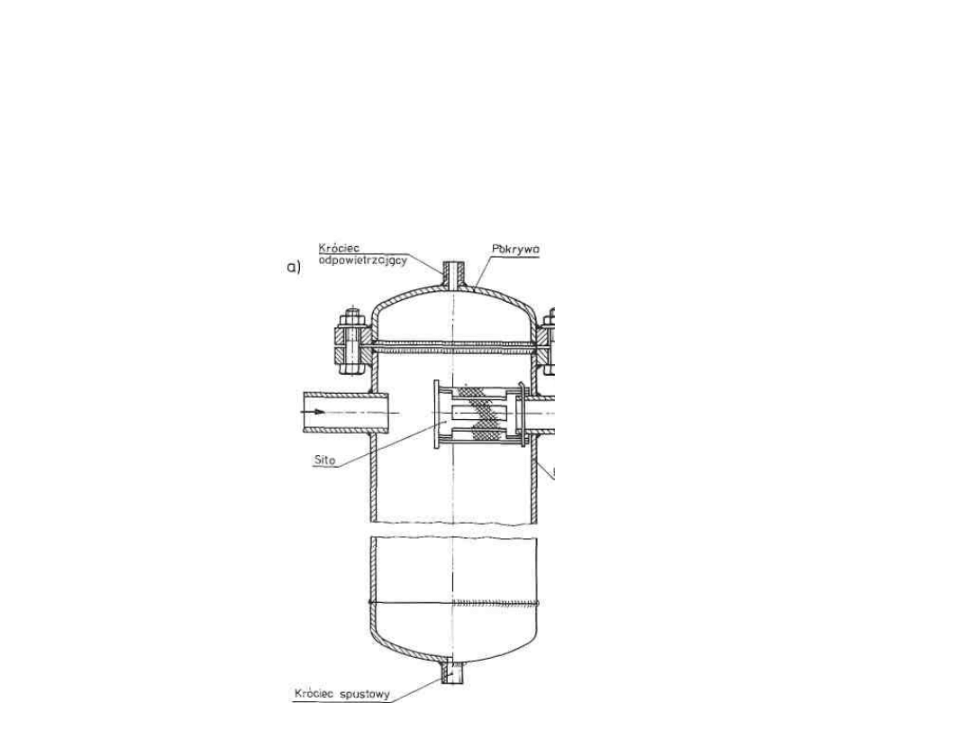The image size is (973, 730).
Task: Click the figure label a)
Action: (x=294, y=268)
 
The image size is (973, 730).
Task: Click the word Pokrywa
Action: (x=515, y=249)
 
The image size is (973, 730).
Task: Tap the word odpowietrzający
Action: (x=363, y=260)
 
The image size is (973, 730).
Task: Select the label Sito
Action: (x=325, y=460)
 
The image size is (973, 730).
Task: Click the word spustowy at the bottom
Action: (x=366, y=694)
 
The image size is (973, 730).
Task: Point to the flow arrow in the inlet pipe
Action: (x=318, y=412)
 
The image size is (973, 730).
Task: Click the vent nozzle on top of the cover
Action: (x=453, y=275)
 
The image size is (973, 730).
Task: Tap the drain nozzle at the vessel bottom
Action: (x=453, y=672)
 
